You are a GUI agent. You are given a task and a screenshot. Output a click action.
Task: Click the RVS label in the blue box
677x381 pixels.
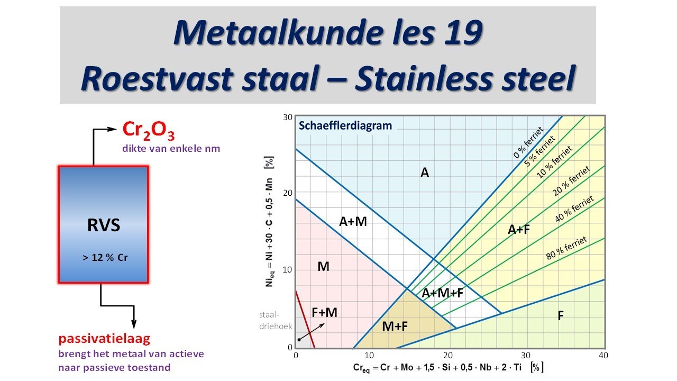point(103,225)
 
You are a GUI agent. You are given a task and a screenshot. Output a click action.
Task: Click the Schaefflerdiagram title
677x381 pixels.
point(345,126)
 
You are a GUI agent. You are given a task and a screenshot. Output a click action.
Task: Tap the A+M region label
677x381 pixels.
point(353,222)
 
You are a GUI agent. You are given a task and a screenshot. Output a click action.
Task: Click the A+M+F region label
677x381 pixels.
point(442,293)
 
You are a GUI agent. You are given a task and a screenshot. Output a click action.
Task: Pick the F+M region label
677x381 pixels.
point(324,313)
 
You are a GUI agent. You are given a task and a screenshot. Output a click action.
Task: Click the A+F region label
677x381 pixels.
point(519,229)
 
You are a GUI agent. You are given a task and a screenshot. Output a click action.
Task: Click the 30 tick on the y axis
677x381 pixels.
point(288,117)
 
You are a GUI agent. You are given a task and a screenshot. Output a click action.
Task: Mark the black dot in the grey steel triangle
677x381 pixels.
point(299,339)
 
